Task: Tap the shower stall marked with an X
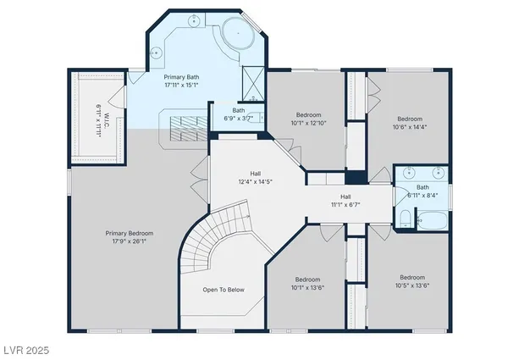click(x=251, y=83)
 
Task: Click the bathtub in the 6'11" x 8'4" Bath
click(x=433, y=222)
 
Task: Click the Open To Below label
click(x=224, y=290)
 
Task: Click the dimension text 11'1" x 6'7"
click(x=346, y=204)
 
